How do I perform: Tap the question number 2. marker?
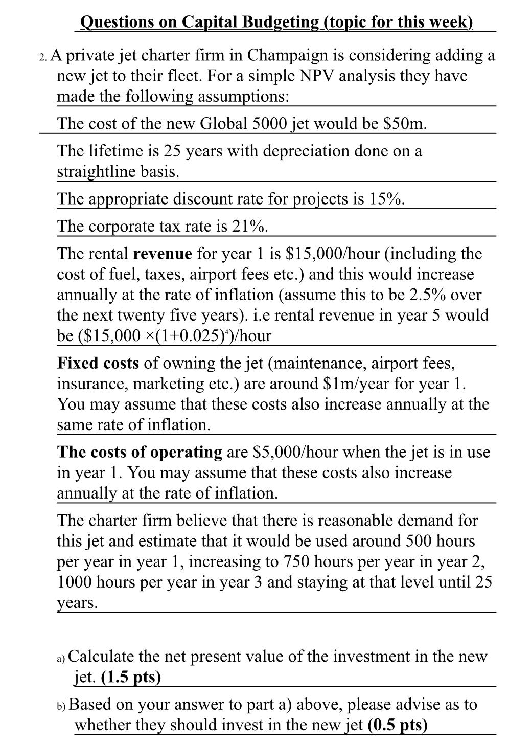coord(43,56)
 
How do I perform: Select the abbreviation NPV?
coord(317,76)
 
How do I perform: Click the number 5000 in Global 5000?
coord(256,124)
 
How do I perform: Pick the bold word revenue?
coord(163,254)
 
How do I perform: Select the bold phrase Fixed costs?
coord(98,363)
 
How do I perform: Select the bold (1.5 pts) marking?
coord(131,678)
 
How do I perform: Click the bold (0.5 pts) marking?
coord(397,725)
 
